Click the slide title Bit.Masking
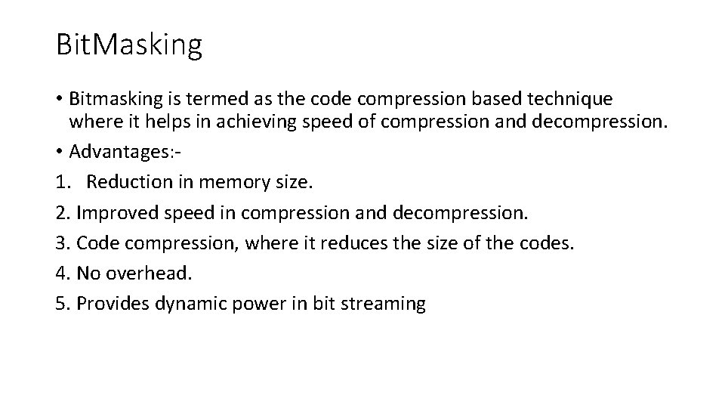(129, 45)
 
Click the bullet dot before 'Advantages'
(60, 151)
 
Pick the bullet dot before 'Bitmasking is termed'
(60, 99)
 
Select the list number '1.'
(63, 182)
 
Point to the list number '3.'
(63, 243)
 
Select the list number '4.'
(63, 273)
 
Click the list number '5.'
(63, 304)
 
